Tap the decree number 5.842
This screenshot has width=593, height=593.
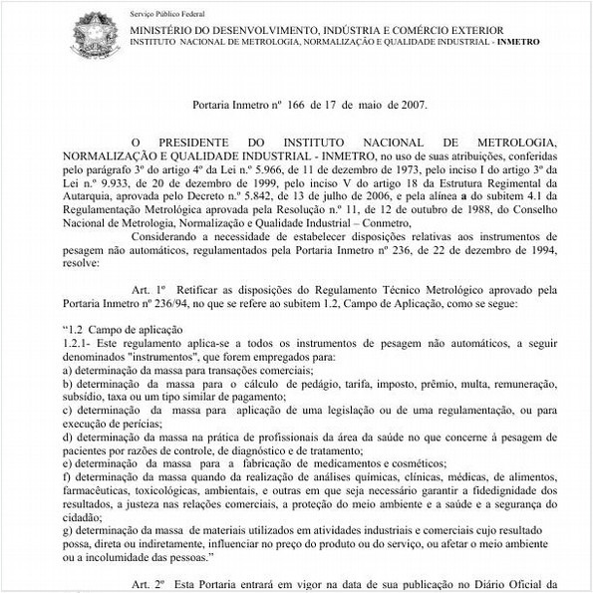click(x=260, y=198)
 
